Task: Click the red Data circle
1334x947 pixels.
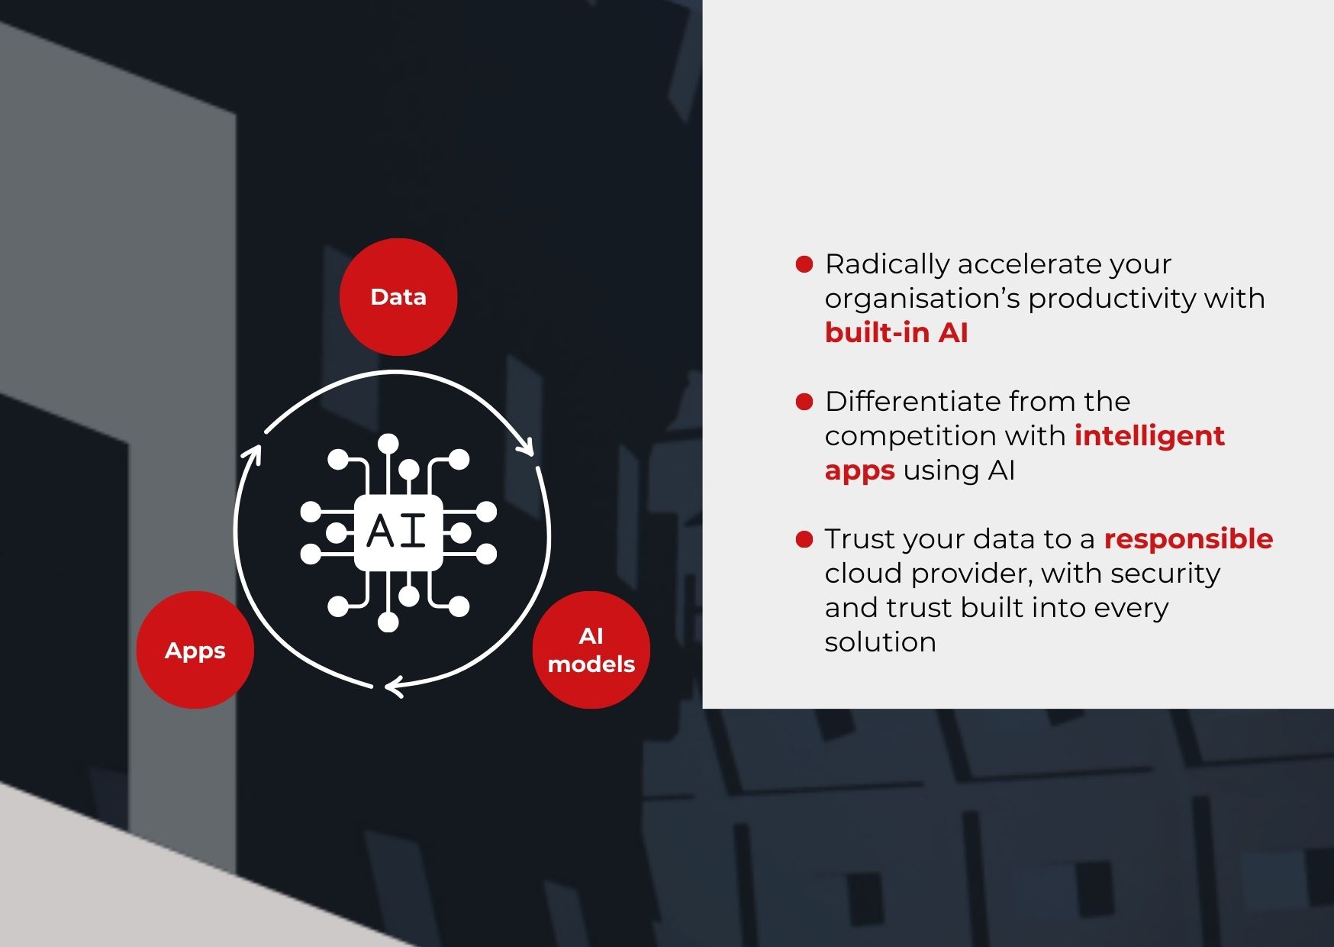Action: point(398,297)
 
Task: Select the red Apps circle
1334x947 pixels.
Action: point(195,650)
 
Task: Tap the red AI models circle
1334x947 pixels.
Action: point(591,650)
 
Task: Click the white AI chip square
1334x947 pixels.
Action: point(398,532)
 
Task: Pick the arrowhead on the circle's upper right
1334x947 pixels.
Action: point(526,446)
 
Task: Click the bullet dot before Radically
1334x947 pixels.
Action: point(804,264)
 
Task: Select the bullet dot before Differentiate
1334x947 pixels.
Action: point(804,402)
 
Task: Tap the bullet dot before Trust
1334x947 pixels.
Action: point(804,539)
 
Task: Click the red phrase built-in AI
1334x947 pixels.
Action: point(896,333)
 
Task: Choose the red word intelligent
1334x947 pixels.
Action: point(1149,436)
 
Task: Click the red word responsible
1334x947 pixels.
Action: point(1188,539)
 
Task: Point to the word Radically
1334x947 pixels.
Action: point(887,264)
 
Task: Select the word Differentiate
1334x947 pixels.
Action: point(913,402)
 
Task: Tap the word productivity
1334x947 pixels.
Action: point(1111,299)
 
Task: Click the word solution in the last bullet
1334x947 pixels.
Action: point(880,642)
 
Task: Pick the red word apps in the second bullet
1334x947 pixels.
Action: point(859,471)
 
